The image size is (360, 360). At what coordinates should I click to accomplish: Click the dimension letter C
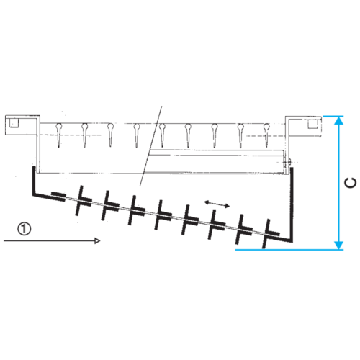350,183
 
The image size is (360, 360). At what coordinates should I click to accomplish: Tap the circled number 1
24,229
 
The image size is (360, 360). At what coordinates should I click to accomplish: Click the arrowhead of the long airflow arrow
97,240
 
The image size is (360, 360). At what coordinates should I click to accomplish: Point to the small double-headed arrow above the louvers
217,204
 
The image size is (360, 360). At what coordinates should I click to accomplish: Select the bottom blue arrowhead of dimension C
338,246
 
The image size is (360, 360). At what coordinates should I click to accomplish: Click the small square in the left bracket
14,123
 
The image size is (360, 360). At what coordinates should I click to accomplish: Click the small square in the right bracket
313,123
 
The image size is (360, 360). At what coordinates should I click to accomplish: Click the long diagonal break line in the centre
151,145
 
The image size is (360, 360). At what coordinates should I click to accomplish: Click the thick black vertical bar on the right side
292,204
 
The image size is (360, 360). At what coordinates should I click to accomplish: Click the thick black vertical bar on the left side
34,181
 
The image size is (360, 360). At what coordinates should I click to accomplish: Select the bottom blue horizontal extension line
289,250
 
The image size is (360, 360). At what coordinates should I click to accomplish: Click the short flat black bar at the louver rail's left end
58,197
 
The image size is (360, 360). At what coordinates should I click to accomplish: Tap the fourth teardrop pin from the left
137,135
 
